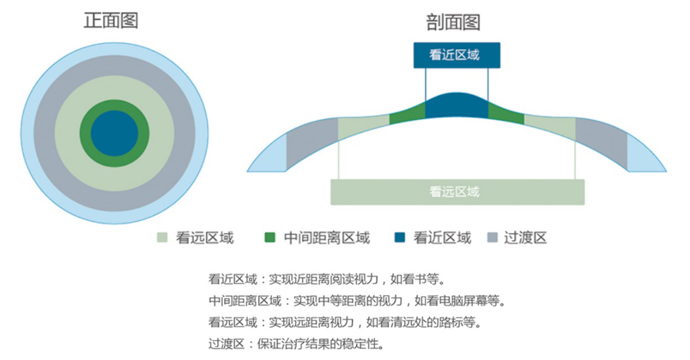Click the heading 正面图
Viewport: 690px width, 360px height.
pos(111,21)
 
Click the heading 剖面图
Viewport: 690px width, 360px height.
pos(453,22)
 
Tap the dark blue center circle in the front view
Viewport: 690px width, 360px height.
pos(114,133)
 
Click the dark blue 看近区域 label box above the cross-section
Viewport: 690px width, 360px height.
pos(457,55)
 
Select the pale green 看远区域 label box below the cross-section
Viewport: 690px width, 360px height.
pos(457,192)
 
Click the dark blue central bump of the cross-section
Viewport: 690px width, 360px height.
pos(457,106)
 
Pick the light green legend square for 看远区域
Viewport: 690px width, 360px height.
pos(162,238)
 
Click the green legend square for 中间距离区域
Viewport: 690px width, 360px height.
pos(270,238)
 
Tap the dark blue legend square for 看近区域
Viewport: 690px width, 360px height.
pos(400,238)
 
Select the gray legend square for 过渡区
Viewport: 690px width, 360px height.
pos(493,238)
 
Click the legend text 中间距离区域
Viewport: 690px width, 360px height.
pos(327,238)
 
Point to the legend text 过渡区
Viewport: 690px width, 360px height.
pos(525,238)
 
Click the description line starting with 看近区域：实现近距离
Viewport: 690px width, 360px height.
pos(327,279)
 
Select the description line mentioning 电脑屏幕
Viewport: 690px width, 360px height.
pos(358,301)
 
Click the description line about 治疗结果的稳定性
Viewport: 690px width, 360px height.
pos(296,344)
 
